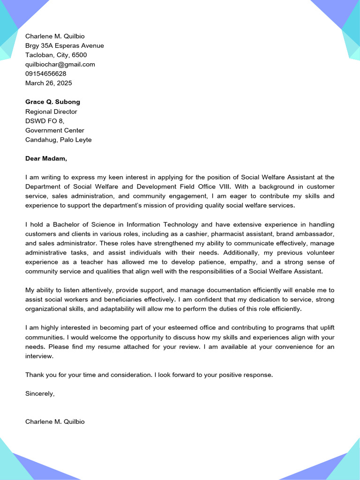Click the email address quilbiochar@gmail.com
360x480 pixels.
coord(60,64)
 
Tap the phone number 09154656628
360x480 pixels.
coord(45,74)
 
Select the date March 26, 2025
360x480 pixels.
coord(49,83)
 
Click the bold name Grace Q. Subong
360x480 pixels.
coord(52,102)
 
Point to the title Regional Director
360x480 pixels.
coord(51,112)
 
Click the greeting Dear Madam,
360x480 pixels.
coord(46,158)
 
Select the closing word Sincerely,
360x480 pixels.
coord(40,393)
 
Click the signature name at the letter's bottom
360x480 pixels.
coord(55,421)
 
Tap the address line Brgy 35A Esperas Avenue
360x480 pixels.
coord(65,45)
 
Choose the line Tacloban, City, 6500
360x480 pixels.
coord(56,55)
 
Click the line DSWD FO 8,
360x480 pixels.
coord(45,121)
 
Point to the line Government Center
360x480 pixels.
coord(55,130)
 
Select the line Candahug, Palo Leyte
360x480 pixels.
coord(59,140)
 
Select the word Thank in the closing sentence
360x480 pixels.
coord(34,375)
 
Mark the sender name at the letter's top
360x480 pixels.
coord(55,36)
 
